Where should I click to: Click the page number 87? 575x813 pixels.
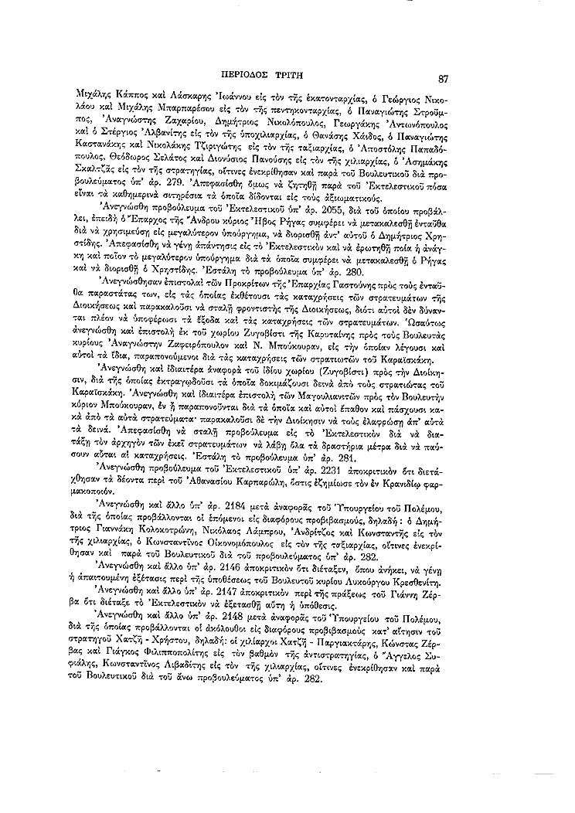(x=443, y=77)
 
